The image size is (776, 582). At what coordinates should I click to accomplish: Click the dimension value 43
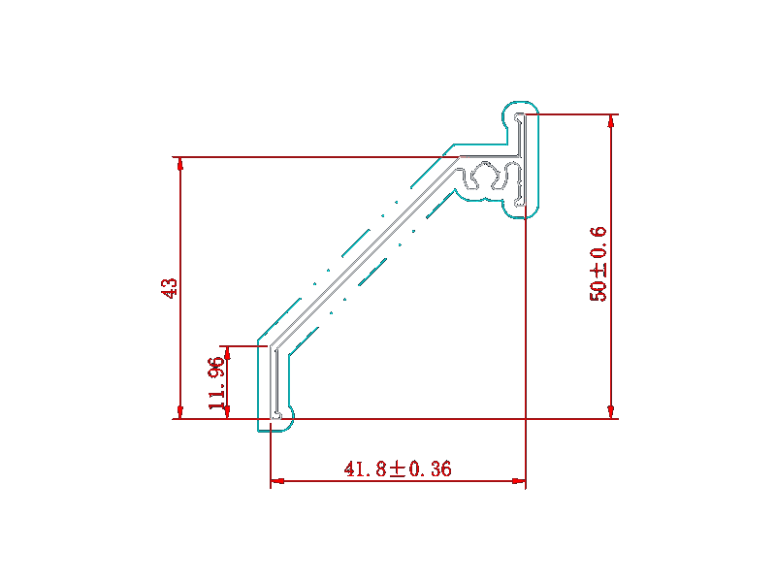[169, 288]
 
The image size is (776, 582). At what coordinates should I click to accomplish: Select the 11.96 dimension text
[216, 383]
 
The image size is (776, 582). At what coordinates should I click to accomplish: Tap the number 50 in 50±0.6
[598, 291]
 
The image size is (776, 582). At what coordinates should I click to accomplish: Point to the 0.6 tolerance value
[598, 243]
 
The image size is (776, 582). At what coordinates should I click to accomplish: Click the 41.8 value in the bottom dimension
[366, 469]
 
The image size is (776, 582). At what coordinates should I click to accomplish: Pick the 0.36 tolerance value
[429, 469]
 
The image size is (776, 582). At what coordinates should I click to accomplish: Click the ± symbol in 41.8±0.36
[397, 469]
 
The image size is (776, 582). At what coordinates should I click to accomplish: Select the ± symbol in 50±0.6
[598, 271]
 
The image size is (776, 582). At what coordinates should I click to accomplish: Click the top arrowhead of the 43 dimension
[180, 164]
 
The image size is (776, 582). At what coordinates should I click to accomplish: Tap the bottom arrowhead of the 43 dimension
[180, 411]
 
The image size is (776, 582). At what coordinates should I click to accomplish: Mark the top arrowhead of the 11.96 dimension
[227, 353]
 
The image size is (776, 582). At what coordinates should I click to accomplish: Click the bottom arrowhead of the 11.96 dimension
[227, 412]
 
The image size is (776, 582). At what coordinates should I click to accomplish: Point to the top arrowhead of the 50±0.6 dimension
[612, 121]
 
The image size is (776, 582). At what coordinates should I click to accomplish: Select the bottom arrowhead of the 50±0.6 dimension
[612, 411]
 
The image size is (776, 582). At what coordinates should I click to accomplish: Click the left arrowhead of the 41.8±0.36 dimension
[277, 480]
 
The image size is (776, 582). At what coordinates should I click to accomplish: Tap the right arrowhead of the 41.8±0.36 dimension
[518, 480]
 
